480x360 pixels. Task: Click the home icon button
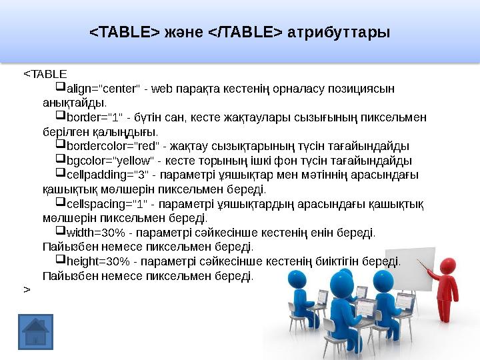click(x=36, y=331)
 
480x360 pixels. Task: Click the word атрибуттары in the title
click(x=338, y=32)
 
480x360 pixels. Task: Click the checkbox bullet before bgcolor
click(x=60, y=160)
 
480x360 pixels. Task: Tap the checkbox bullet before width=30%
click(x=60, y=232)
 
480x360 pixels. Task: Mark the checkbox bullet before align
click(x=60, y=87)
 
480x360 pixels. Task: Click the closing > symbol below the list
click(x=27, y=289)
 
